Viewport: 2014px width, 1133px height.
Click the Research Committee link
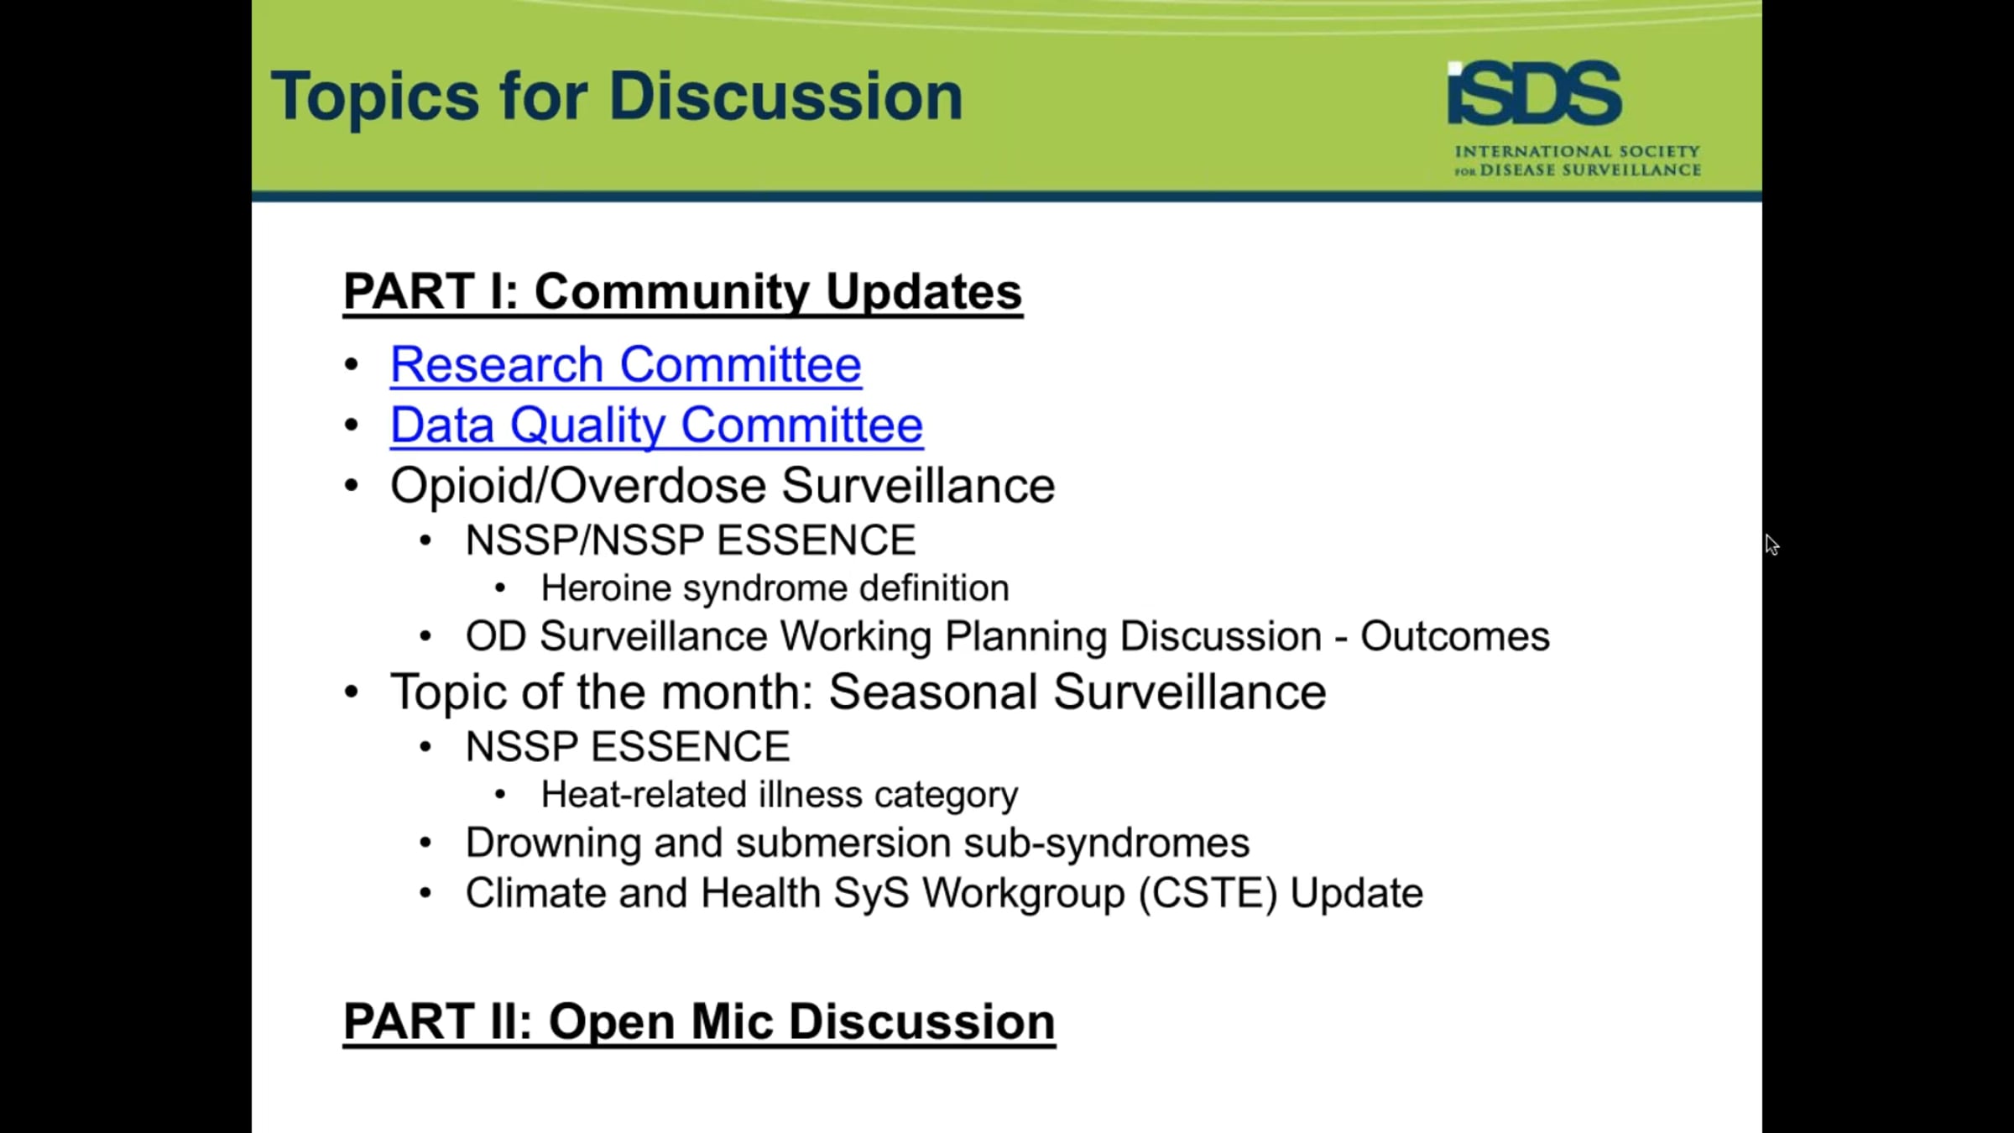click(626, 365)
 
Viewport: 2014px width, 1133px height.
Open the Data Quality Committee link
click(657, 426)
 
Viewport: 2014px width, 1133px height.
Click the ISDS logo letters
click(1535, 92)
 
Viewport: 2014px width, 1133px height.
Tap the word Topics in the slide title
click(375, 98)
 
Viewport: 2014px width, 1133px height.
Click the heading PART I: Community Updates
click(683, 292)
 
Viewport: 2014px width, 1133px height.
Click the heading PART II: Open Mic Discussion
click(699, 1022)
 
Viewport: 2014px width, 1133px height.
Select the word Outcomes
click(1455, 636)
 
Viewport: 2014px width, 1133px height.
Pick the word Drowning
click(553, 843)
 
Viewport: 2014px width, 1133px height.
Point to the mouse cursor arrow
click(1771, 545)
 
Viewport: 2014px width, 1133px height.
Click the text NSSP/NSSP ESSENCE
click(691, 540)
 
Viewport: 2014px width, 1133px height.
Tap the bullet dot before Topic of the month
click(352, 692)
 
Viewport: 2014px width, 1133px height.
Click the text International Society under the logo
click(1578, 152)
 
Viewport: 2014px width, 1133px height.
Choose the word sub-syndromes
click(1106, 843)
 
